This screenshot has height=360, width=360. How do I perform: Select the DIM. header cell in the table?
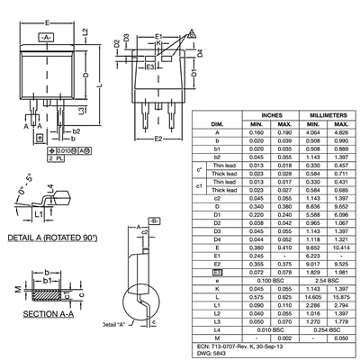pyautogui.click(x=217, y=123)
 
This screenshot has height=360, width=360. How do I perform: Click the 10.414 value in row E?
pyautogui.click(x=338, y=245)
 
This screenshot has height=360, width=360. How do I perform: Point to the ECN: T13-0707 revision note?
pyautogui.click(x=237, y=343)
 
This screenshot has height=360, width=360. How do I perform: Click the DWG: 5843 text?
pyautogui.click(x=215, y=351)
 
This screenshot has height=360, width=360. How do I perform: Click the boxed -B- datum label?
pyautogui.click(x=154, y=220)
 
